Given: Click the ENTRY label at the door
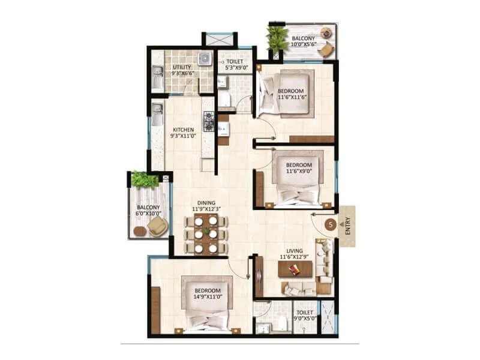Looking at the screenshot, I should pos(347,226).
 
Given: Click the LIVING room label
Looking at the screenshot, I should pos(294,251).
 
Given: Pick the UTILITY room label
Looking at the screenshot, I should pos(182,67).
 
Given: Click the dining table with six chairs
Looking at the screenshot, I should pos(206,233).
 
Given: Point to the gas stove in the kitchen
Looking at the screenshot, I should pos(209,121).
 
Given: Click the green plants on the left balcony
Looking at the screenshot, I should pos(144,179).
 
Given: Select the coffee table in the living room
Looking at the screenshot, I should pos(295,269).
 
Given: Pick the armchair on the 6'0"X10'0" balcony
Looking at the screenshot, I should pos(157,226).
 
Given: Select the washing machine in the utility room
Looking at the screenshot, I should pos(205,58).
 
